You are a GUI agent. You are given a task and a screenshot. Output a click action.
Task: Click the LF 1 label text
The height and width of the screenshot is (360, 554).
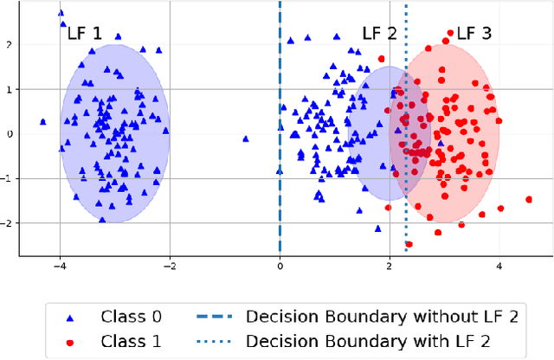point(84,35)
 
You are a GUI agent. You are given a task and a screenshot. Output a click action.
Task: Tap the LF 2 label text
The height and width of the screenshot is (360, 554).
point(379,35)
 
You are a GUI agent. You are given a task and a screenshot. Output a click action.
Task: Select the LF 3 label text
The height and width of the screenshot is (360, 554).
point(473,35)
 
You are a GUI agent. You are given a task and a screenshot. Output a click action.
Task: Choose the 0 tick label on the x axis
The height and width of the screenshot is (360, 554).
point(280,268)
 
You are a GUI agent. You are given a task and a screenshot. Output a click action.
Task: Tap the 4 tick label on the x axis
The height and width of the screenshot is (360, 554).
point(499,268)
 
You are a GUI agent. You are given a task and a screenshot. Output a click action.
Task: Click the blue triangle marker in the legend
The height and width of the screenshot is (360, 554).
point(67,317)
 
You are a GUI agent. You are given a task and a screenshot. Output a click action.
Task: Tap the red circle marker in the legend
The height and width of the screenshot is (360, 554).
point(67,341)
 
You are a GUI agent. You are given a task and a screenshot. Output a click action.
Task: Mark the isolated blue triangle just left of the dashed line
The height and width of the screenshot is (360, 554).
point(247,138)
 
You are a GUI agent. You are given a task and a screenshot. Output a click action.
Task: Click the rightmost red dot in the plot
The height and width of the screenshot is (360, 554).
point(528,199)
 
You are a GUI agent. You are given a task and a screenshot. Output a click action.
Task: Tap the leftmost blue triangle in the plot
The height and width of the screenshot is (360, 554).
point(42,122)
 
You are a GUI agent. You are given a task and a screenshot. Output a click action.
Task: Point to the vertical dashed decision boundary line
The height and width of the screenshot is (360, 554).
point(280,104)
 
